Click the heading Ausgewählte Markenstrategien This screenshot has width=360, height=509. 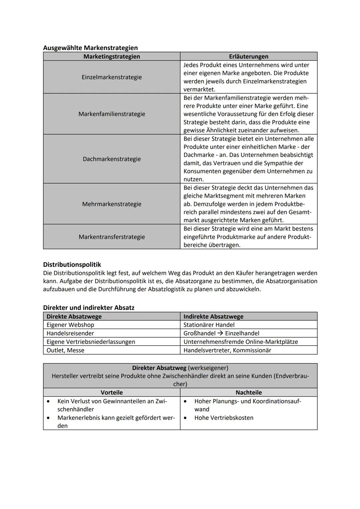[x=90, y=48]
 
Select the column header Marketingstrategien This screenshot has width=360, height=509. [x=112, y=56]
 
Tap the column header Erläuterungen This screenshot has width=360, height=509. [x=248, y=56]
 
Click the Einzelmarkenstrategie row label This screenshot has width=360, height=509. [x=112, y=77]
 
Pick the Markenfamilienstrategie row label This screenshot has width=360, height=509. [x=112, y=114]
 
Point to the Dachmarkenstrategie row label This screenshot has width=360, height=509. [x=112, y=159]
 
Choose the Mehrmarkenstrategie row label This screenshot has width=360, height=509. [x=112, y=204]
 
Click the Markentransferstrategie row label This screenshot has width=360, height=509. [x=112, y=237]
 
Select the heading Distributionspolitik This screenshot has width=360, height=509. [x=72, y=265]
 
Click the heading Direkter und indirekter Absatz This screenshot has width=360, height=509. [x=89, y=308]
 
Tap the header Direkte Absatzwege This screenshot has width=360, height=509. [x=74, y=316]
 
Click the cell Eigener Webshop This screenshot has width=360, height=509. [x=70, y=325]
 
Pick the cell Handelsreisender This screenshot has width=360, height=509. [x=70, y=333]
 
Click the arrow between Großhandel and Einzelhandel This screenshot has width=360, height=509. [x=220, y=333]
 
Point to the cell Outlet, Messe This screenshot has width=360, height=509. [x=65, y=350]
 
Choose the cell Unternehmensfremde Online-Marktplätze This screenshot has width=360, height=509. [x=241, y=342]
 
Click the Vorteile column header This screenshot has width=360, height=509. [x=112, y=392]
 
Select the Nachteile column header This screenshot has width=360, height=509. [x=248, y=392]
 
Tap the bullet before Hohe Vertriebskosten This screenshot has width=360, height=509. [x=185, y=418]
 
